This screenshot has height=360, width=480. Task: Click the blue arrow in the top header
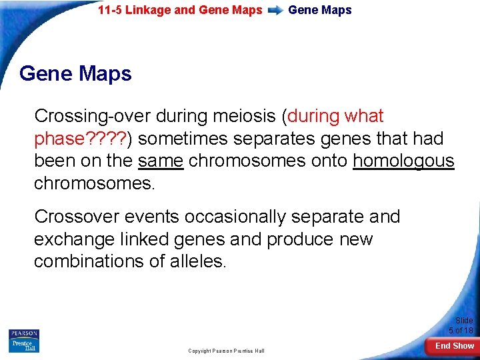pyautogui.click(x=275, y=11)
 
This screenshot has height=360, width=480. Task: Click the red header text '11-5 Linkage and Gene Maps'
pyautogui.click(x=180, y=10)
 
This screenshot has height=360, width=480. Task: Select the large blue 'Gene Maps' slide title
pyautogui.click(x=75, y=73)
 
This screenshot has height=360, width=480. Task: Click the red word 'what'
pyautogui.click(x=364, y=116)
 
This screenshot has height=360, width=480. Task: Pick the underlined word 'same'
pyautogui.click(x=160, y=161)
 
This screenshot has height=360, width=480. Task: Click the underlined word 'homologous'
pyautogui.click(x=403, y=161)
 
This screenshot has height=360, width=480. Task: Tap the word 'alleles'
pyautogui.click(x=198, y=261)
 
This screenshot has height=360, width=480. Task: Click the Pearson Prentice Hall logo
pyautogui.click(x=24, y=341)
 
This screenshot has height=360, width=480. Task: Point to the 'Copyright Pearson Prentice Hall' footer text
pyautogui.click(x=226, y=351)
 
